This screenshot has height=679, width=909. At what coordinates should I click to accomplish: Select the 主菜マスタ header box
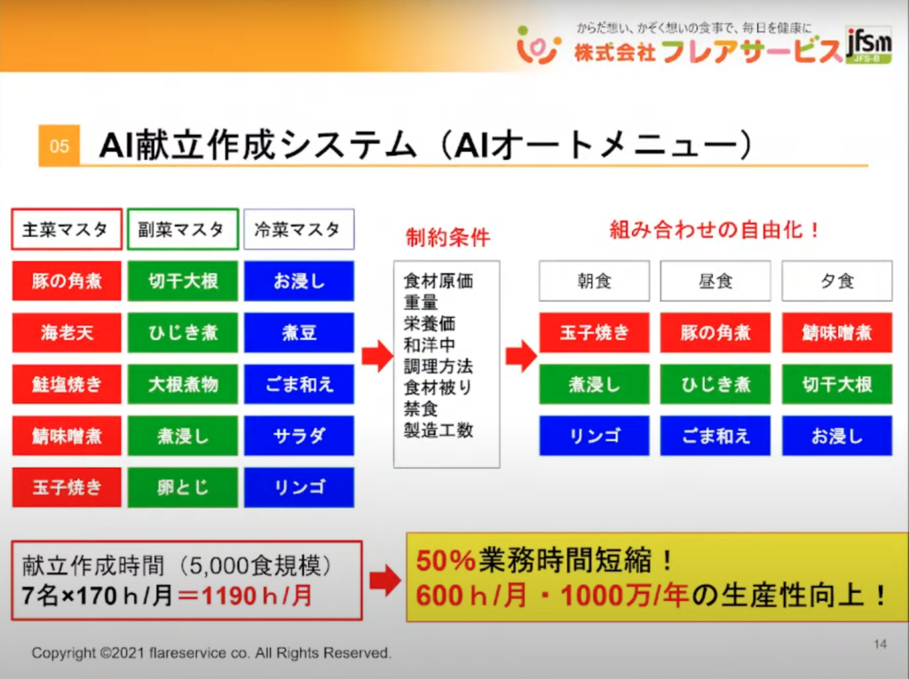67,230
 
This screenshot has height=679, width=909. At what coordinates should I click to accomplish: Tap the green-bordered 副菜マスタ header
182,230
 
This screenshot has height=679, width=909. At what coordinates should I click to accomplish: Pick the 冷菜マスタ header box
298,230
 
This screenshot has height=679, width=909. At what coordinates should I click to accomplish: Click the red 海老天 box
67,333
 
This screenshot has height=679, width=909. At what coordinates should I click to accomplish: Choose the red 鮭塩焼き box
67,384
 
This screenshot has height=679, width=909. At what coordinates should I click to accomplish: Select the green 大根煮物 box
182,384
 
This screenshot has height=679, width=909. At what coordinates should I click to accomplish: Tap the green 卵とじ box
182,487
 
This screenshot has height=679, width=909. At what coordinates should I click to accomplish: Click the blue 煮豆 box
298,333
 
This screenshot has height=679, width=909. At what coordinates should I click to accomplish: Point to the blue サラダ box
298,436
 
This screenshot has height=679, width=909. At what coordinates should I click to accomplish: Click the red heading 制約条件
447,238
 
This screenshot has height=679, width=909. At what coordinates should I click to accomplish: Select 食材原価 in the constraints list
439,281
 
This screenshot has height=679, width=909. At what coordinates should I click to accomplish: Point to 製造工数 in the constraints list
439,430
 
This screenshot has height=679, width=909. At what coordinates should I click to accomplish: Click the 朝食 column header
594,281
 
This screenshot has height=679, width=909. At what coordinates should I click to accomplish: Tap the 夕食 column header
836,281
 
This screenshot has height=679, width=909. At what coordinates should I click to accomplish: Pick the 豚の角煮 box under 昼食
715,333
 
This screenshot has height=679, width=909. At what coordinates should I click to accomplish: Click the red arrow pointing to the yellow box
384,581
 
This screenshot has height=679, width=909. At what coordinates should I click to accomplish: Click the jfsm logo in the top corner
868,42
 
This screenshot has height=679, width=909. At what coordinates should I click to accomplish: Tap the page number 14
880,643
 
